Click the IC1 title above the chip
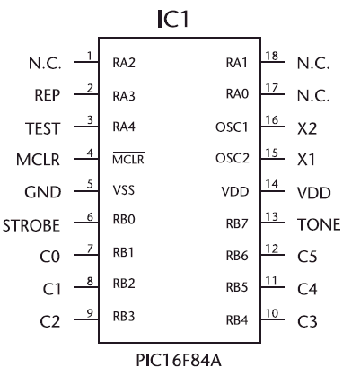173,19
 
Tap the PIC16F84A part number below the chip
179,360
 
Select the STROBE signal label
31,225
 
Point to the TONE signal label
319,224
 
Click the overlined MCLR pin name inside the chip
128,158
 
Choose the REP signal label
48,95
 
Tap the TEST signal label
42,128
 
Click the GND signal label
43,192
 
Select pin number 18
272,56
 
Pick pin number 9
90,313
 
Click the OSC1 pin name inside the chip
232,127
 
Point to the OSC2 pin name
233,158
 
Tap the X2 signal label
307,128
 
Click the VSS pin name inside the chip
124,190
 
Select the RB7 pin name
237,223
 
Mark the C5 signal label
307,257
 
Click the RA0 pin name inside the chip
237,93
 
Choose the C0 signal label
50,257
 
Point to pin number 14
272,184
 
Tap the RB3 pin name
124,317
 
